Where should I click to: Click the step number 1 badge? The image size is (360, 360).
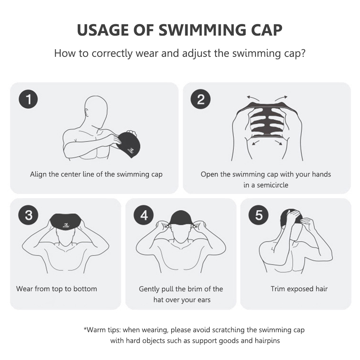coord(28,99)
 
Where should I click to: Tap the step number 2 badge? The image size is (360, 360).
coord(200,99)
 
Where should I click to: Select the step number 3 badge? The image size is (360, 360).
coord(28,215)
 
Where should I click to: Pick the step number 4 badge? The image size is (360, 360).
coord(144,215)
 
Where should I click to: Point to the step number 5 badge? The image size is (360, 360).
coord(259,215)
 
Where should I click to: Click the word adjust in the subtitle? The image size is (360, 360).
coord(196,54)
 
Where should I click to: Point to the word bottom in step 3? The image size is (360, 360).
coord(85,288)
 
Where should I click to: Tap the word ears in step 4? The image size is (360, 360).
coord(204,300)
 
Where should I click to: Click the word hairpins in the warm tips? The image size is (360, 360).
coord(267,341)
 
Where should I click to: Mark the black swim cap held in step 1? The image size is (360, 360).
coord(127,145)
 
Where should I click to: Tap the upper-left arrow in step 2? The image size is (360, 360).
coord(253,99)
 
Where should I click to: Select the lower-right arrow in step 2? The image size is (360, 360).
coord(278,142)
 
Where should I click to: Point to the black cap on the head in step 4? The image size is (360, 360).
coord(181,218)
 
